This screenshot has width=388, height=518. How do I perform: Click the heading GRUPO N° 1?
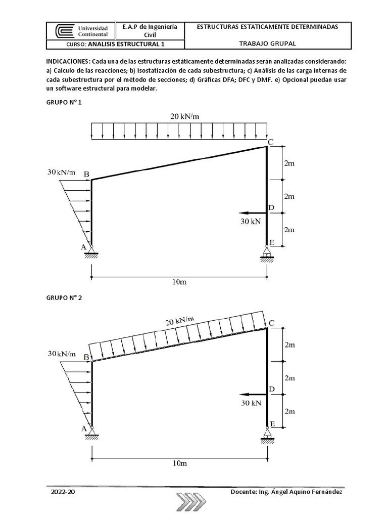[x=64, y=103]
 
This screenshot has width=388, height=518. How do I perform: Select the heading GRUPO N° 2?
[x=64, y=298]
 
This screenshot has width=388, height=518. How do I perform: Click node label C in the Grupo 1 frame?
[x=271, y=142]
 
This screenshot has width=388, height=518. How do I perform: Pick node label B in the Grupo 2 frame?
[x=86, y=358]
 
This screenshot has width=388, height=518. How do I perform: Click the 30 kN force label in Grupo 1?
[x=251, y=221]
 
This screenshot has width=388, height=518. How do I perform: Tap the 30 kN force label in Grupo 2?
[x=251, y=403]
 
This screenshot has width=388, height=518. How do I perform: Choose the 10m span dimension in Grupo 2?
[x=179, y=463]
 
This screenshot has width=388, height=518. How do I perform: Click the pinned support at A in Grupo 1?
[x=91, y=249]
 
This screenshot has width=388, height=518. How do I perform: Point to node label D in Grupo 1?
[x=271, y=208]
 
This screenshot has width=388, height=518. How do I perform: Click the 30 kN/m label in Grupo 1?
[x=62, y=172]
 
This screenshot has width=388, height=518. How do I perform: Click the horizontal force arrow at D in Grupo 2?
[x=253, y=394]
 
